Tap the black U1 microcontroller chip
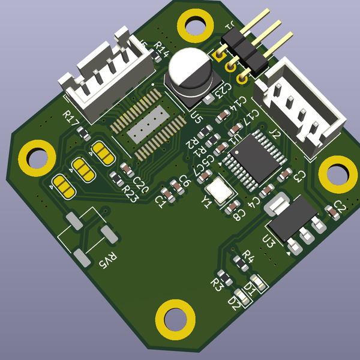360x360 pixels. coord(246,158)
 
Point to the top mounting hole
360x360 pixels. coord(196,26)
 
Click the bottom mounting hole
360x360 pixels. coord(175,319)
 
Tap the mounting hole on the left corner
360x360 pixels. coord(37,157)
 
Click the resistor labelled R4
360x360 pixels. coord(238,259)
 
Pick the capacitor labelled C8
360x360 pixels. coord(230,208)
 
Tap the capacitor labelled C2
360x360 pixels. coord(331,211)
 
